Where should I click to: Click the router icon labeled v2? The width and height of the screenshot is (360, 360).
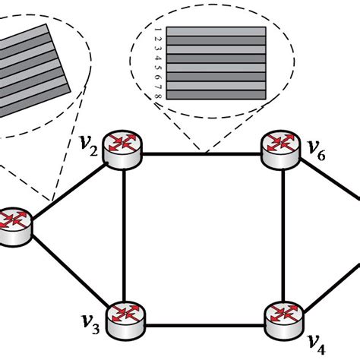click(x=124, y=150)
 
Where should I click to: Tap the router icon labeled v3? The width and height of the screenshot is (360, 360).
click(x=123, y=318)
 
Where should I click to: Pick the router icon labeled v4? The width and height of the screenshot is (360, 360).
click(x=283, y=317)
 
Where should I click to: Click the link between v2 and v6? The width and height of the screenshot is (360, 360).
click(x=203, y=153)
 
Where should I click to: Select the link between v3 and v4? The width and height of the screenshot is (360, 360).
click(x=203, y=327)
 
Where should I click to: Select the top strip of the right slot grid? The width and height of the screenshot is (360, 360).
click(x=216, y=32)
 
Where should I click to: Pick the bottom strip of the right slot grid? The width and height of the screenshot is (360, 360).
click(x=216, y=94)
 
